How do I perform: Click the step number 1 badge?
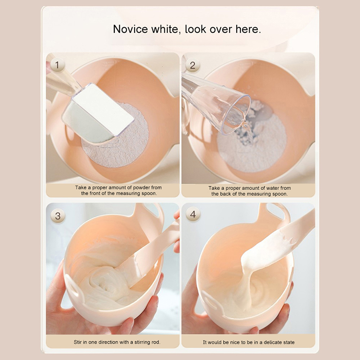click(x=57, y=65)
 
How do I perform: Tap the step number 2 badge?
click(x=193, y=65)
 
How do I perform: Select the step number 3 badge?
click(x=58, y=216)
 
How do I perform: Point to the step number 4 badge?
click(x=193, y=215)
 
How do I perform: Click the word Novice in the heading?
click(x=130, y=29)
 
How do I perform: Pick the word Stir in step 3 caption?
click(x=77, y=342)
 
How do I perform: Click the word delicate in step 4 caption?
click(x=273, y=342)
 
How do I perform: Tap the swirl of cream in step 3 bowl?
click(x=106, y=285)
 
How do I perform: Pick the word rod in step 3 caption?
click(x=155, y=342)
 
